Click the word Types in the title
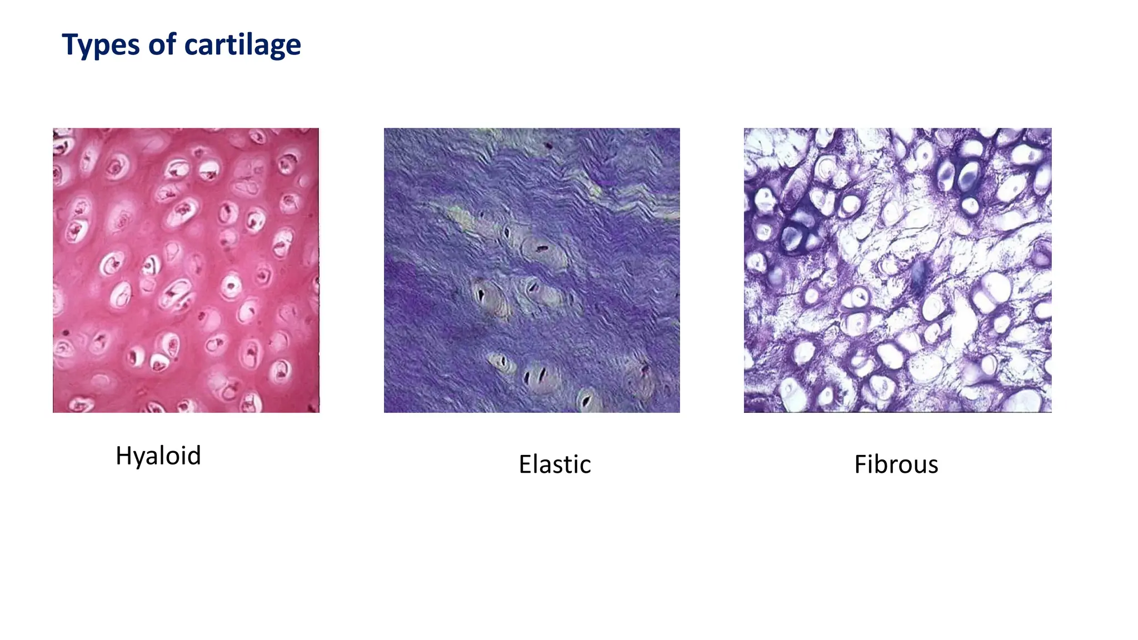pyautogui.click(x=99, y=45)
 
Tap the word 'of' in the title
pyautogui.click(x=162, y=44)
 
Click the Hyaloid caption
pyautogui.click(x=158, y=456)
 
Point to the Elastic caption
pyautogui.click(x=554, y=464)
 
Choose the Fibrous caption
pyautogui.click(x=896, y=464)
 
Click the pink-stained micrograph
pyautogui.click(x=186, y=270)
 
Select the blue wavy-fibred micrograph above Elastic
pyautogui.click(x=531, y=270)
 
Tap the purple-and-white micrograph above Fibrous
pyautogui.click(x=897, y=270)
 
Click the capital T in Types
pyautogui.click(x=69, y=44)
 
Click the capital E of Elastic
pyautogui.click(x=525, y=464)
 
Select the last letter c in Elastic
pyautogui.click(x=585, y=466)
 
